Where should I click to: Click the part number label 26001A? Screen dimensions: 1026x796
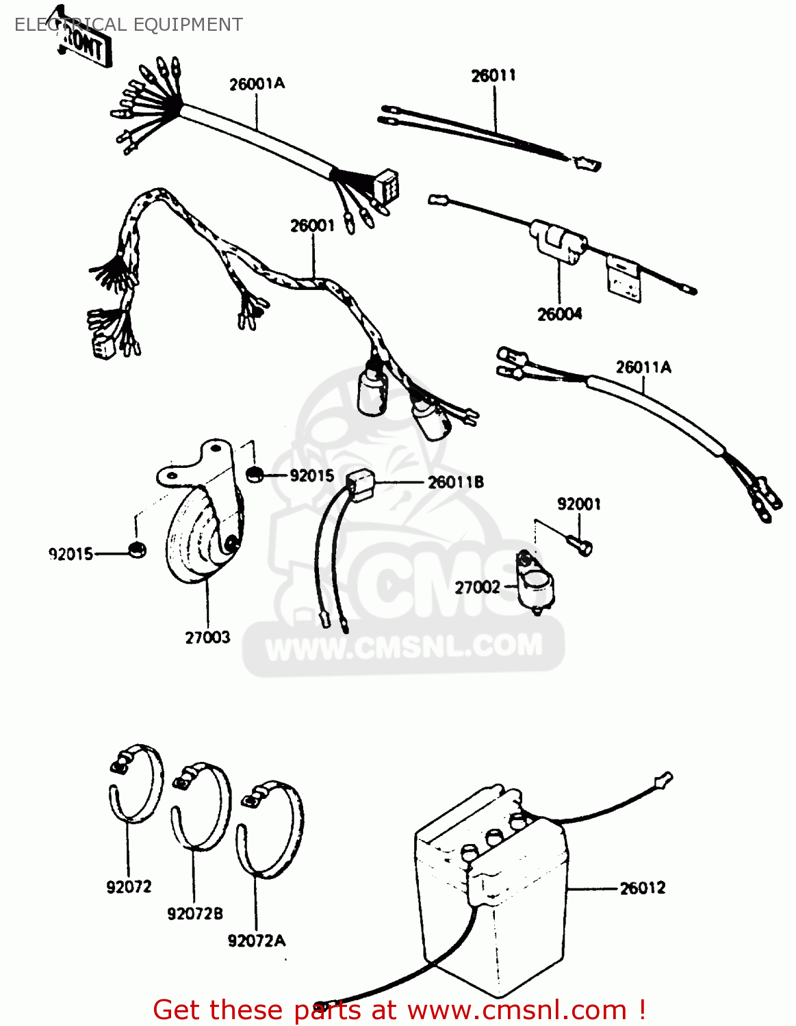point(257,84)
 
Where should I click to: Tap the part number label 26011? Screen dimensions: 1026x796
point(493,75)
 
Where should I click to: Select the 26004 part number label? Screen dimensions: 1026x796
point(559,314)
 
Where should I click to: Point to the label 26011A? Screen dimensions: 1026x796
point(643,367)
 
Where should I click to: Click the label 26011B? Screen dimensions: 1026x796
point(456,482)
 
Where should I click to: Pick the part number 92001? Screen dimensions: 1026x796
point(579,504)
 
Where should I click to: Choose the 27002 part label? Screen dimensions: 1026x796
point(478,587)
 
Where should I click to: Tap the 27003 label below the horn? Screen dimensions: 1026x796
point(207,637)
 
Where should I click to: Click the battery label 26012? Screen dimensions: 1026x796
point(642,888)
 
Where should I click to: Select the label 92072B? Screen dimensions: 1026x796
point(195,914)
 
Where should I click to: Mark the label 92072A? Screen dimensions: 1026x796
point(256,941)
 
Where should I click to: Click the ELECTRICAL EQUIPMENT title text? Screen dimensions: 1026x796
point(128,25)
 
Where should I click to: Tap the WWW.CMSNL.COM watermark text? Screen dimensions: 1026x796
point(404,646)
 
